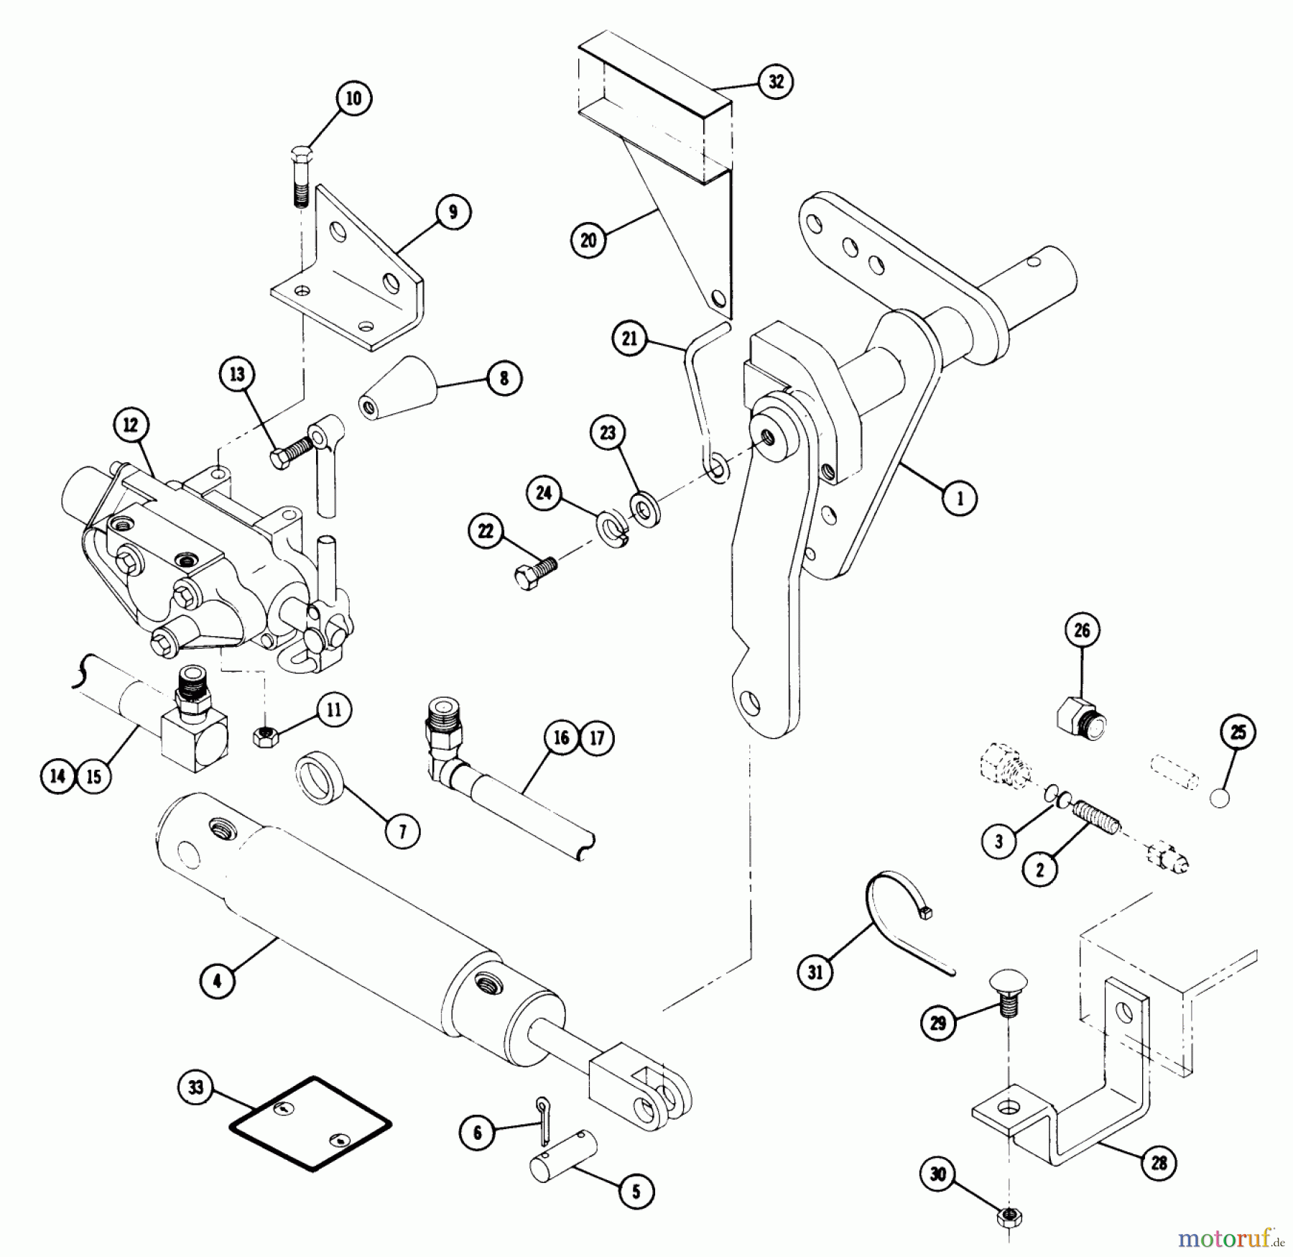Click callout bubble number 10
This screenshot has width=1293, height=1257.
pos(353,98)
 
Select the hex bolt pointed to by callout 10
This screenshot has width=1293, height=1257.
pos(301,175)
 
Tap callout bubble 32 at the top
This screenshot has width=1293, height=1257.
pos(777,81)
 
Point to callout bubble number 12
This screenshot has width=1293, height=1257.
pos(130,425)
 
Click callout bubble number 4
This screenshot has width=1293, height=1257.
pos(218,980)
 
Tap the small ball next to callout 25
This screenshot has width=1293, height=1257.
pos(1219,798)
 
